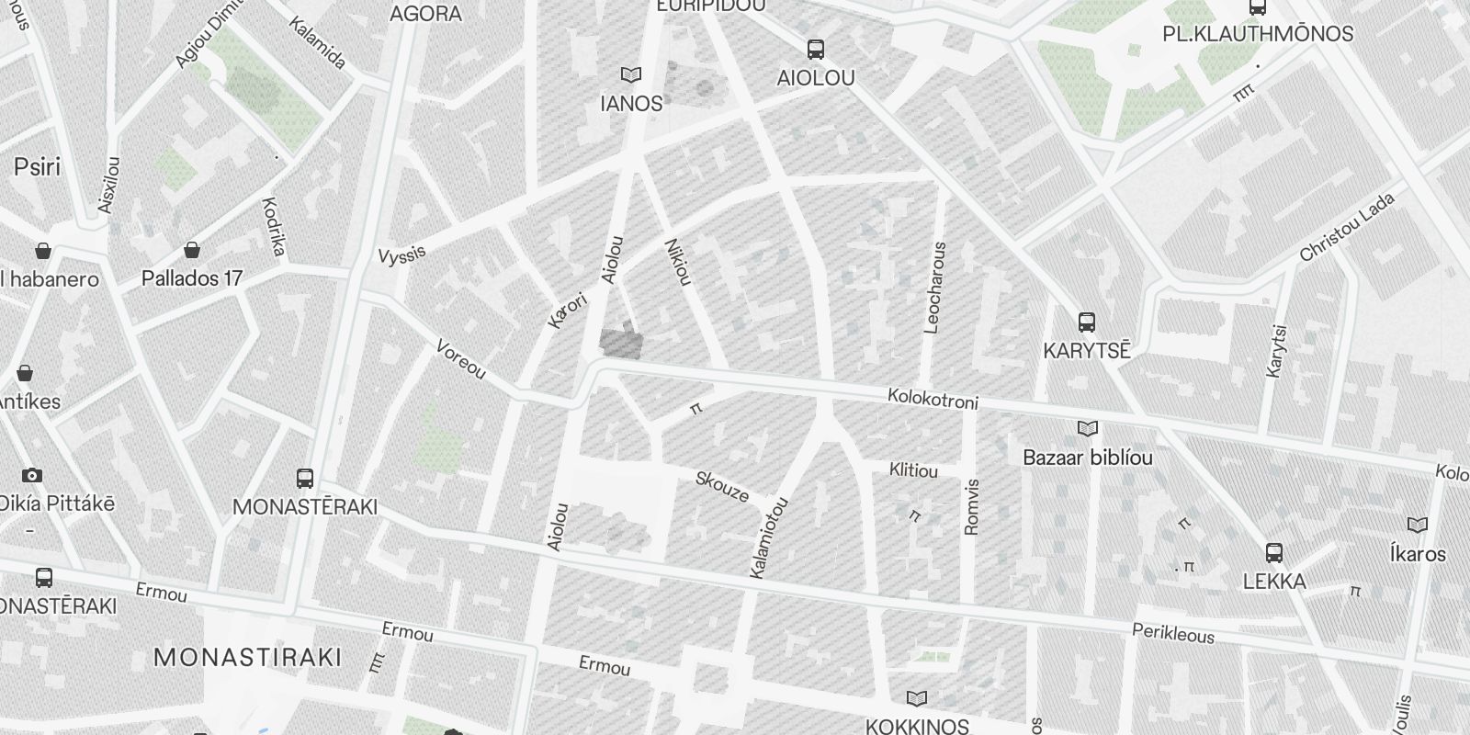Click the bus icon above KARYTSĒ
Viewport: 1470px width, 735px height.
click(x=1087, y=322)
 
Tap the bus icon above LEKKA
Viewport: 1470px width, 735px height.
click(x=1274, y=553)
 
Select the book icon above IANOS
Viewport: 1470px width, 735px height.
click(x=630, y=74)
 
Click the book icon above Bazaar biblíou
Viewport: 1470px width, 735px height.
click(x=1088, y=429)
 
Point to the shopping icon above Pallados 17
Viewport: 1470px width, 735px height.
click(x=192, y=250)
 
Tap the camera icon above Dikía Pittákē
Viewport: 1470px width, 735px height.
click(x=32, y=475)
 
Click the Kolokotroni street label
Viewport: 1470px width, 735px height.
click(x=933, y=400)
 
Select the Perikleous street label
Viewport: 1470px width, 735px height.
click(x=1173, y=634)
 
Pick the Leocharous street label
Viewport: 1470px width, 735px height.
click(x=935, y=287)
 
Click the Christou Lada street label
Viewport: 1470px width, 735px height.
click(x=1347, y=227)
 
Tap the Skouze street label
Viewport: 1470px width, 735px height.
click(x=722, y=486)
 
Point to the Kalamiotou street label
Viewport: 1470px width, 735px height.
click(x=770, y=538)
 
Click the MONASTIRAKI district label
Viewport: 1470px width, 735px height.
click(x=248, y=658)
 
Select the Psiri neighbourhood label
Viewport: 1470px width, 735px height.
click(x=37, y=166)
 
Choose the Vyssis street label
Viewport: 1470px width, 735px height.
click(x=401, y=254)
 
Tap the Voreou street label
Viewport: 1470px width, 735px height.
click(x=460, y=359)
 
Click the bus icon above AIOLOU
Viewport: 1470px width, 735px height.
click(x=815, y=50)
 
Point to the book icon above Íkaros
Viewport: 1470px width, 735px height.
click(x=1418, y=526)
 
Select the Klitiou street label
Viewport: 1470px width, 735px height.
click(x=913, y=470)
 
